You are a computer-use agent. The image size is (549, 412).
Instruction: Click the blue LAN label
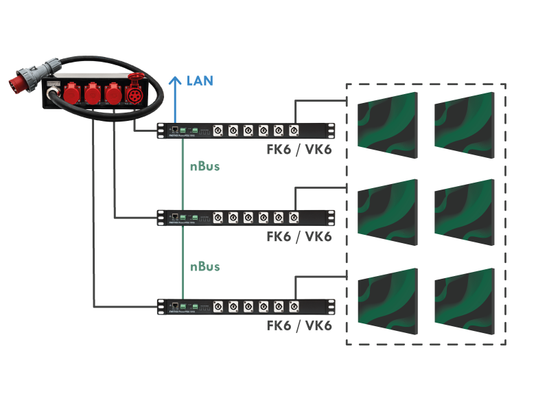(200, 81)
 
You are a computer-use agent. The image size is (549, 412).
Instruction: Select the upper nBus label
(205, 166)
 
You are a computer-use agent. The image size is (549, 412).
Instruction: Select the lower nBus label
(205, 266)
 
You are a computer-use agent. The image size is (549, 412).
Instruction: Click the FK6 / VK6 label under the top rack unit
(299, 149)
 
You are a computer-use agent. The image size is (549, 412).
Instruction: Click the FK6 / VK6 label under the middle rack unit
(299, 237)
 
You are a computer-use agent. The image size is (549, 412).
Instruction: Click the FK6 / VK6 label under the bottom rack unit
(299, 325)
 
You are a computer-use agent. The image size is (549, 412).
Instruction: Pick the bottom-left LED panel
(388, 300)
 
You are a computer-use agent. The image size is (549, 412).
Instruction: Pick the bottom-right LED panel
(464, 300)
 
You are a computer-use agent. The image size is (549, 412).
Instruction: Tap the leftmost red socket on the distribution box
(72, 94)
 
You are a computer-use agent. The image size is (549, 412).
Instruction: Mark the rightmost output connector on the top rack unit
(294, 130)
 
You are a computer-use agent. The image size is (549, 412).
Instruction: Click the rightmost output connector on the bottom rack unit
(294, 306)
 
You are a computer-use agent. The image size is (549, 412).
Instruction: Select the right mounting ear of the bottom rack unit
(331, 306)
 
